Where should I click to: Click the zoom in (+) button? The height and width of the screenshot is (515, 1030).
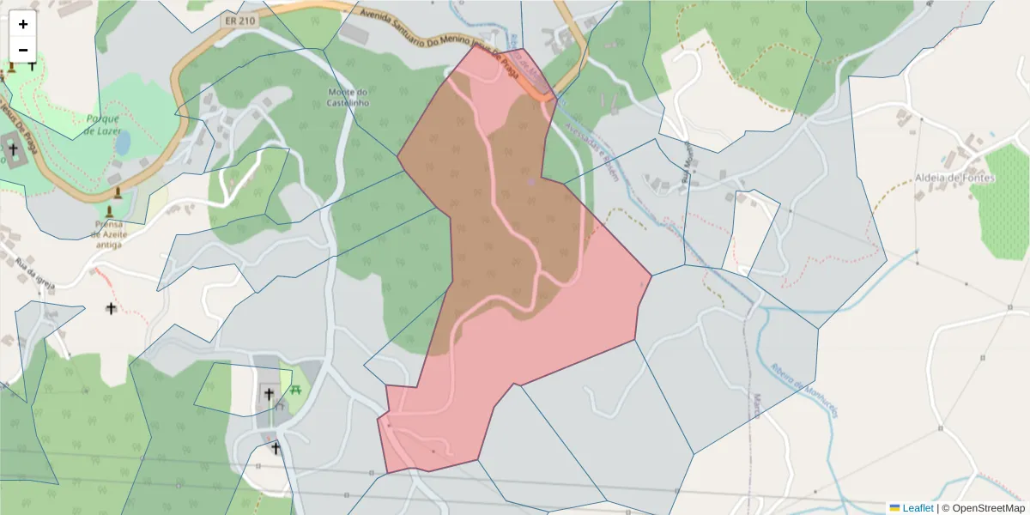(23, 24)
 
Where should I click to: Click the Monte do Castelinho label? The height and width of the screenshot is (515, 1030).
(348, 97)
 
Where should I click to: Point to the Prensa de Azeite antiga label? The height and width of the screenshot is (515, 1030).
(109, 233)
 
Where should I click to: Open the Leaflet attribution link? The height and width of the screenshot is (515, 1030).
(918, 508)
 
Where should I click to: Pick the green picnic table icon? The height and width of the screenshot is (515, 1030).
(296, 390)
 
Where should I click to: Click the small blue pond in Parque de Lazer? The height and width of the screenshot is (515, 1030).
(123, 142)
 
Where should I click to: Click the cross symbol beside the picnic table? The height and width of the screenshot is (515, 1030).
(269, 394)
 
